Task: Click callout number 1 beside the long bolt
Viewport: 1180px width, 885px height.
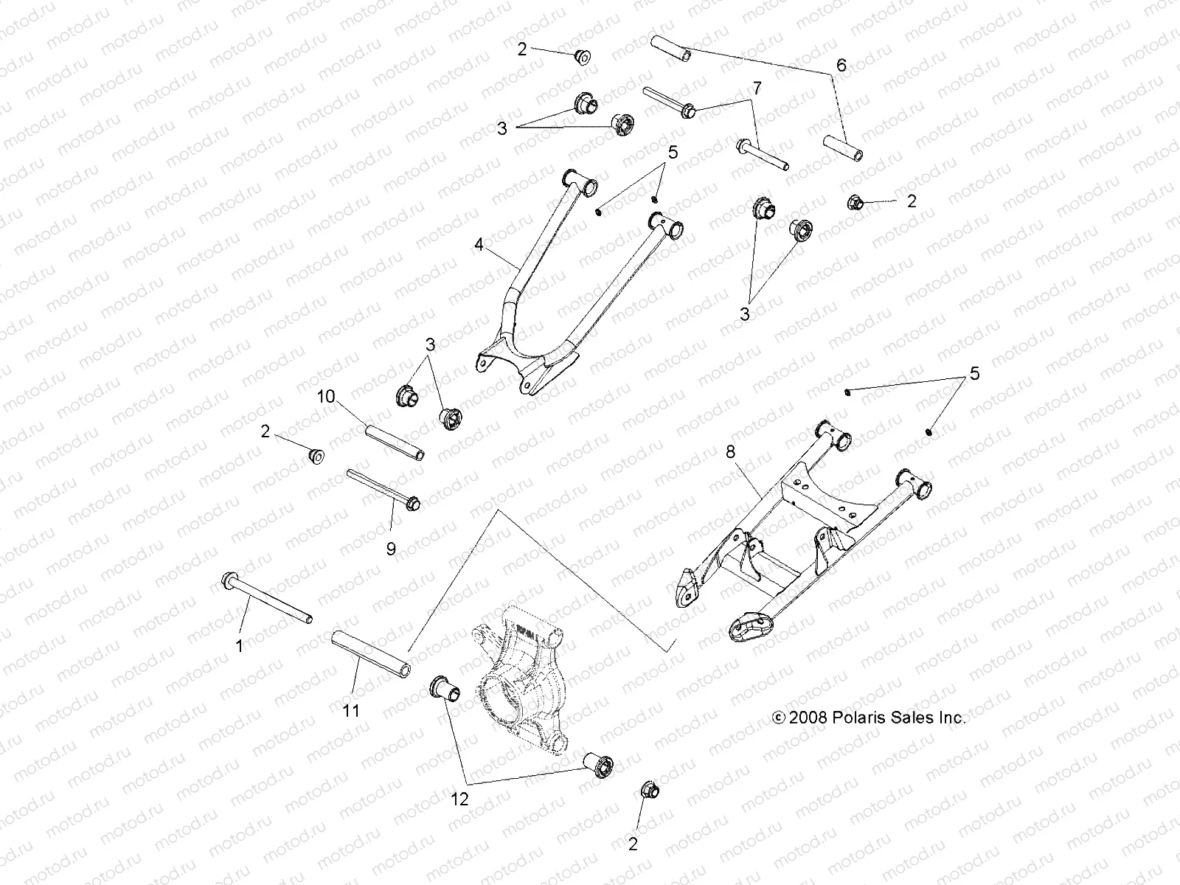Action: point(238,647)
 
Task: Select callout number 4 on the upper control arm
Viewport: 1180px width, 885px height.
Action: point(479,244)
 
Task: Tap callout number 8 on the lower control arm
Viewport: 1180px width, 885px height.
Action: point(731,452)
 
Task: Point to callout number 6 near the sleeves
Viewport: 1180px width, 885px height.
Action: point(841,65)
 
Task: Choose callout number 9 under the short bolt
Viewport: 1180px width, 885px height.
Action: point(391,549)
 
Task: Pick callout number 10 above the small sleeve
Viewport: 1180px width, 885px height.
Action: point(326,397)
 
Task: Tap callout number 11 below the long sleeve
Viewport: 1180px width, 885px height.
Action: point(351,710)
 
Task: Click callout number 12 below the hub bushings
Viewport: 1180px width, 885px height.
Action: point(459,799)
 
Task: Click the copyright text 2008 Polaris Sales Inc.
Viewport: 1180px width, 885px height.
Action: point(868,718)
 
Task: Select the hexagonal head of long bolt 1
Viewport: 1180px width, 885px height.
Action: point(227,581)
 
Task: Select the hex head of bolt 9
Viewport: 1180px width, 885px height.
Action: point(413,503)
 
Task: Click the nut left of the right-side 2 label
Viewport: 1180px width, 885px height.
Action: point(856,201)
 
